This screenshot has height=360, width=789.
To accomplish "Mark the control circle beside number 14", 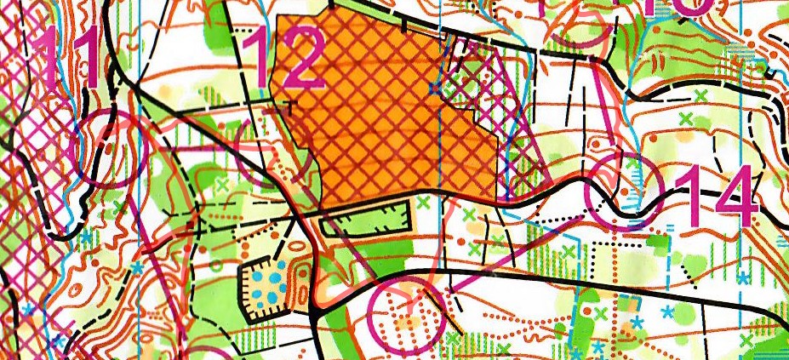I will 625,191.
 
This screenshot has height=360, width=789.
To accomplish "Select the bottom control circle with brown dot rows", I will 408,315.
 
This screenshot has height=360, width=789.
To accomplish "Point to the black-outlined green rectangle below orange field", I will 366,224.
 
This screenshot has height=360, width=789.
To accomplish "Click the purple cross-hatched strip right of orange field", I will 519,128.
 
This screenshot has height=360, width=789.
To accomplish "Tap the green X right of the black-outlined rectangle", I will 424,202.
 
